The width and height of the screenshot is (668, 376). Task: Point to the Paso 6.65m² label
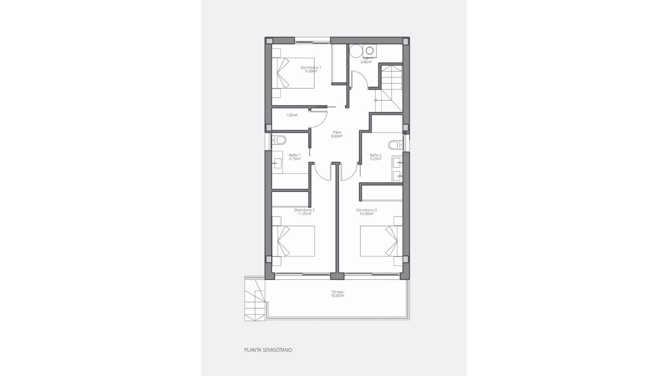pos(337,134)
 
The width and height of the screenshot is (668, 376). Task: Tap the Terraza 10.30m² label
pos(337,294)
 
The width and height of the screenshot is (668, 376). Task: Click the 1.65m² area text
pos(292,115)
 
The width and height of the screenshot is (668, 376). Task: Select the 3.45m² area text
pos(366,62)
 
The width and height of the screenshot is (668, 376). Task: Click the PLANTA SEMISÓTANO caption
pos(268,350)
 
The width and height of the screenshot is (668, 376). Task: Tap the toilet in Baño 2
pos(394,144)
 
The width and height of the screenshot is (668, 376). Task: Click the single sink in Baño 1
pos(277,163)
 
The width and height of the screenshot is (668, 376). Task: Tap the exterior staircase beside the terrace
pos(255,298)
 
